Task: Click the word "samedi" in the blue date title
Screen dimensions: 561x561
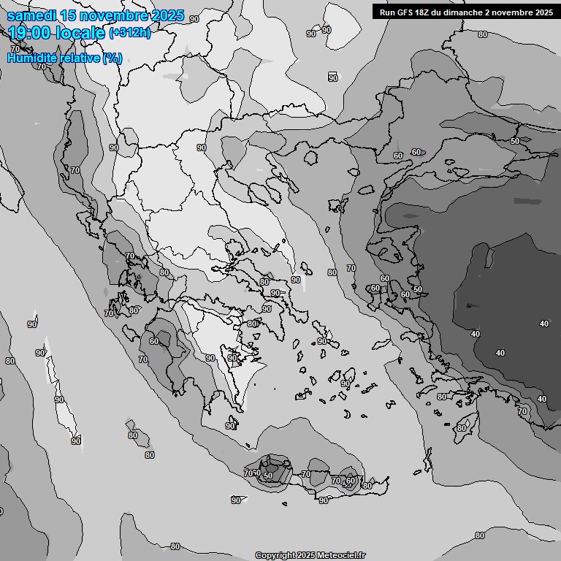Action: [31, 16]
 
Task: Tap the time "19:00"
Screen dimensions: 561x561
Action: [28, 32]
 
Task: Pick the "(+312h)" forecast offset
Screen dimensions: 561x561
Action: [131, 33]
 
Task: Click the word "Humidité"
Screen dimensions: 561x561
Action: [30, 58]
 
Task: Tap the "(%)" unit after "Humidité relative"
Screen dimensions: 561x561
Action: [112, 58]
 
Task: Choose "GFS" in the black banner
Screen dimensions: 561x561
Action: [407, 12]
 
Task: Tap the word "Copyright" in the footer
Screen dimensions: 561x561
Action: [275, 555]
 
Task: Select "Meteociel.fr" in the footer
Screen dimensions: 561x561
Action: [343, 555]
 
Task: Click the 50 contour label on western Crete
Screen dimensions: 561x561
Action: [268, 476]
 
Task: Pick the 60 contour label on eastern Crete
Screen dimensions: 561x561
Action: [351, 481]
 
